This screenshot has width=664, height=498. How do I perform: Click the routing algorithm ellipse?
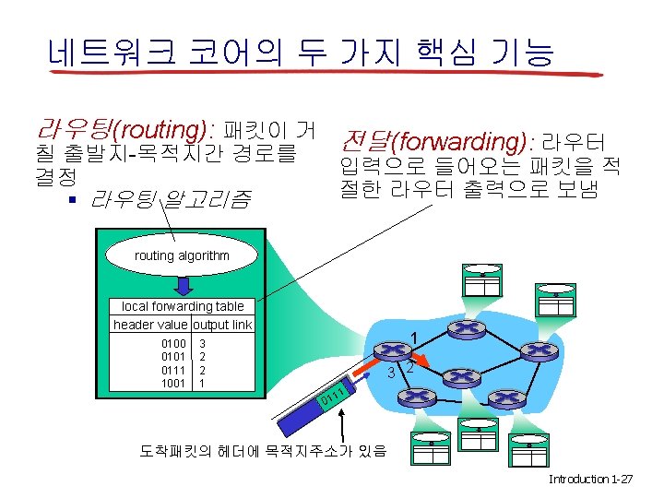(x=183, y=255)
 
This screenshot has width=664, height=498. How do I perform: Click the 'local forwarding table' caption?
(x=183, y=306)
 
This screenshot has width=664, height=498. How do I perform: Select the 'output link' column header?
(x=222, y=325)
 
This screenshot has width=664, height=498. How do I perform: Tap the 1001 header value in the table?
(x=173, y=383)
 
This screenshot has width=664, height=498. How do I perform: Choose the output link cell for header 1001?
(x=202, y=383)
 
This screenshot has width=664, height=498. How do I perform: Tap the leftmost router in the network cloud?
(x=394, y=351)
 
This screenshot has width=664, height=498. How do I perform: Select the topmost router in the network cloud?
(x=466, y=329)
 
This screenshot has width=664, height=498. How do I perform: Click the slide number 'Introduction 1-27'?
(x=590, y=480)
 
